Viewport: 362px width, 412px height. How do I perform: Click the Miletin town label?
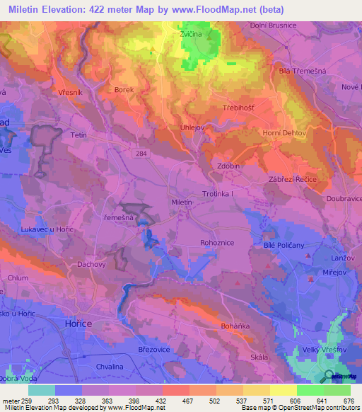pos(182,202)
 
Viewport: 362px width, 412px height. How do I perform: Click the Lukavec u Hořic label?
pos(53,230)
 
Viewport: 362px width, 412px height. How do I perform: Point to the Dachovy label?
pos(91,264)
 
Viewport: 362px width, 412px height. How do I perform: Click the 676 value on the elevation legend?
pos(349,400)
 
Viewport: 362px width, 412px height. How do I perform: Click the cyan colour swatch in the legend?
pos(42,390)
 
